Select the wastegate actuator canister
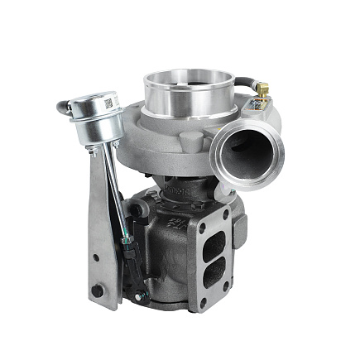[96, 116]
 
